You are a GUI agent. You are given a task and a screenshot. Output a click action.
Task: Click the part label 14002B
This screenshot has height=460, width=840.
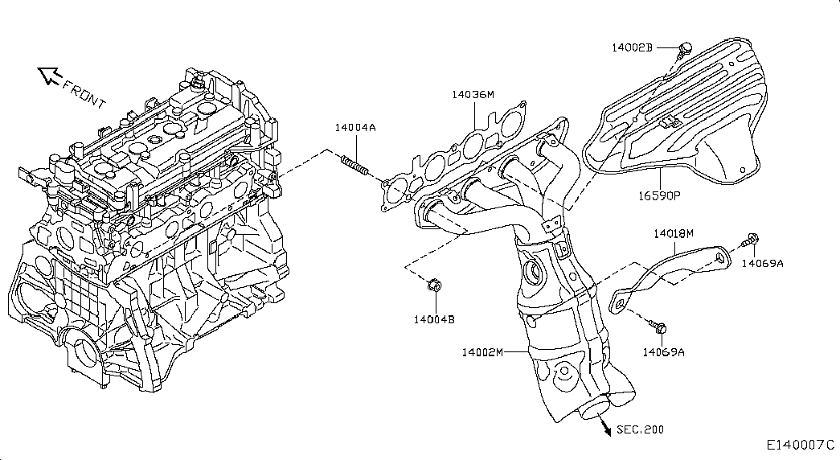click(632, 47)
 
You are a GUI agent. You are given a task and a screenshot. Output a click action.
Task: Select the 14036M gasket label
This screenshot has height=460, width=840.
click(473, 95)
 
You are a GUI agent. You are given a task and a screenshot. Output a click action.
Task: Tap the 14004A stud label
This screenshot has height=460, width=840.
click(355, 128)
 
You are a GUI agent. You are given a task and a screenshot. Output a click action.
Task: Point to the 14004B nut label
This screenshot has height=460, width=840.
click(434, 319)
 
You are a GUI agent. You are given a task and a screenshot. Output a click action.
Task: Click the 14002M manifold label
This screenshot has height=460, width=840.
click(482, 352)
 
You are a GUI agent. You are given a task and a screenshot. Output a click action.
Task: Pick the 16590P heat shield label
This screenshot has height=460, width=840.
click(659, 195)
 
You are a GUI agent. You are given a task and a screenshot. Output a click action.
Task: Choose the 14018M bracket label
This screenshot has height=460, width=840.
click(674, 234)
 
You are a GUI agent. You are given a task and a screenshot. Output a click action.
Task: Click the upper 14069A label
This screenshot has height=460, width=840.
click(762, 263)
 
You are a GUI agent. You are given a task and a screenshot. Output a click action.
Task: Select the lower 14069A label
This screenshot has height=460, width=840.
click(664, 352)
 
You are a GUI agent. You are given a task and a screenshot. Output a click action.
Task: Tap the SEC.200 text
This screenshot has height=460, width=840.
click(640, 429)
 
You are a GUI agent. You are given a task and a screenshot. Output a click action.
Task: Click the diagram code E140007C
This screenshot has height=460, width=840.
click(801, 445)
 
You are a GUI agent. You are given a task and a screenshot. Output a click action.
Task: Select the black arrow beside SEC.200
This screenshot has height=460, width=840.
click(606, 427)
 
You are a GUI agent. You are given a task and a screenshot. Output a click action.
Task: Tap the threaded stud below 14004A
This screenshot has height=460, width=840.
click(355, 165)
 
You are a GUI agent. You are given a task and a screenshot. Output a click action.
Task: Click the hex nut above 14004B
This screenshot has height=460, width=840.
click(434, 285)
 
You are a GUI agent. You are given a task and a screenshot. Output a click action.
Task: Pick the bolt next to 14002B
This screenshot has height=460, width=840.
click(683, 51)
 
